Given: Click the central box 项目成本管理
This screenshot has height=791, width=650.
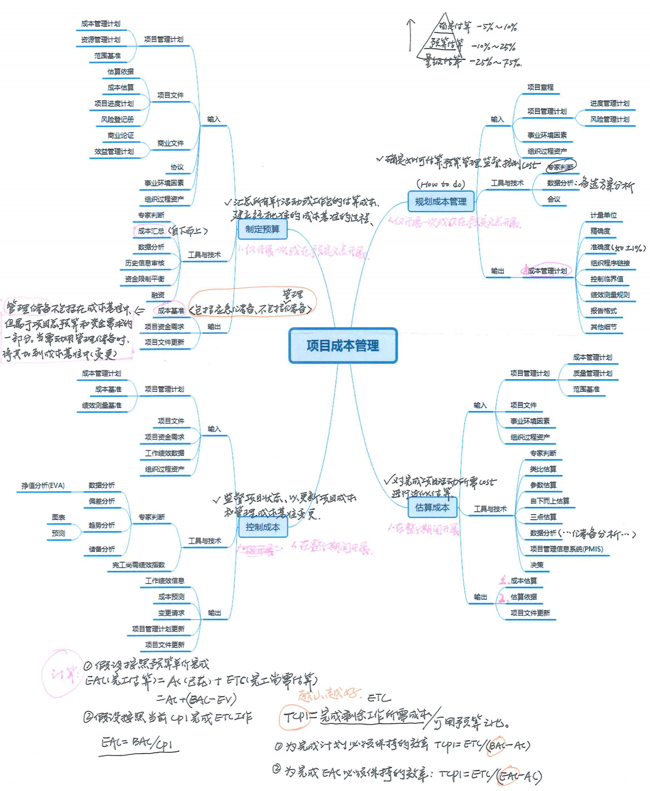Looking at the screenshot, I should click(x=343, y=346).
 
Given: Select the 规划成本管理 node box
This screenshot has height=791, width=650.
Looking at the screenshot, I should click(x=441, y=202).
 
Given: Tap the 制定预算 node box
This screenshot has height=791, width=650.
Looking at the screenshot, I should click(x=262, y=229).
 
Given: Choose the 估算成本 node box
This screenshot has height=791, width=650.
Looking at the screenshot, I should click(x=432, y=508).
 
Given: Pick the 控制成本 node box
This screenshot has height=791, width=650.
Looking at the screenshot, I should click(x=262, y=527).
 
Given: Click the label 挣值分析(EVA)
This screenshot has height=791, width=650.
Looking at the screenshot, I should click(x=43, y=486).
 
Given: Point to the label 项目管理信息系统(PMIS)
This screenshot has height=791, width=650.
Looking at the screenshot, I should click(x=566, y=549).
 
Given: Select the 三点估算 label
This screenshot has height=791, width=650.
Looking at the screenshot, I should click(x=543, y=517).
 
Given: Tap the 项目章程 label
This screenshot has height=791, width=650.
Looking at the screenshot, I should click(x=540, y=87).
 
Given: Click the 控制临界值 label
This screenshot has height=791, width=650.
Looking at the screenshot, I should click(x=607, y=279).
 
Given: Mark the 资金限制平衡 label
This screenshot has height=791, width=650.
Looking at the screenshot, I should click(x=145, y=279).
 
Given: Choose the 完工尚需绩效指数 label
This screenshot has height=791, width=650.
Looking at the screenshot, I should click(x=138, y=565).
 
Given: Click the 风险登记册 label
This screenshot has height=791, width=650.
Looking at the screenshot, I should click(x=117, y=120).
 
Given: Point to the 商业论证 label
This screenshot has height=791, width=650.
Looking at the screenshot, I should click(x=120, y=135).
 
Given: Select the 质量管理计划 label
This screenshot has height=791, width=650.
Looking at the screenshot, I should click(x=593, y=373).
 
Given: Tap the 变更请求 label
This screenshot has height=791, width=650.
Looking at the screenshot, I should click(x=171, y=613).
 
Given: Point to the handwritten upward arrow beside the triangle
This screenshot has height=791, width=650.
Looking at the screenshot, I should click(x=410, y=35).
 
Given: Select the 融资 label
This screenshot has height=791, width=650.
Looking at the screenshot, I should click(x=158, y=295).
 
